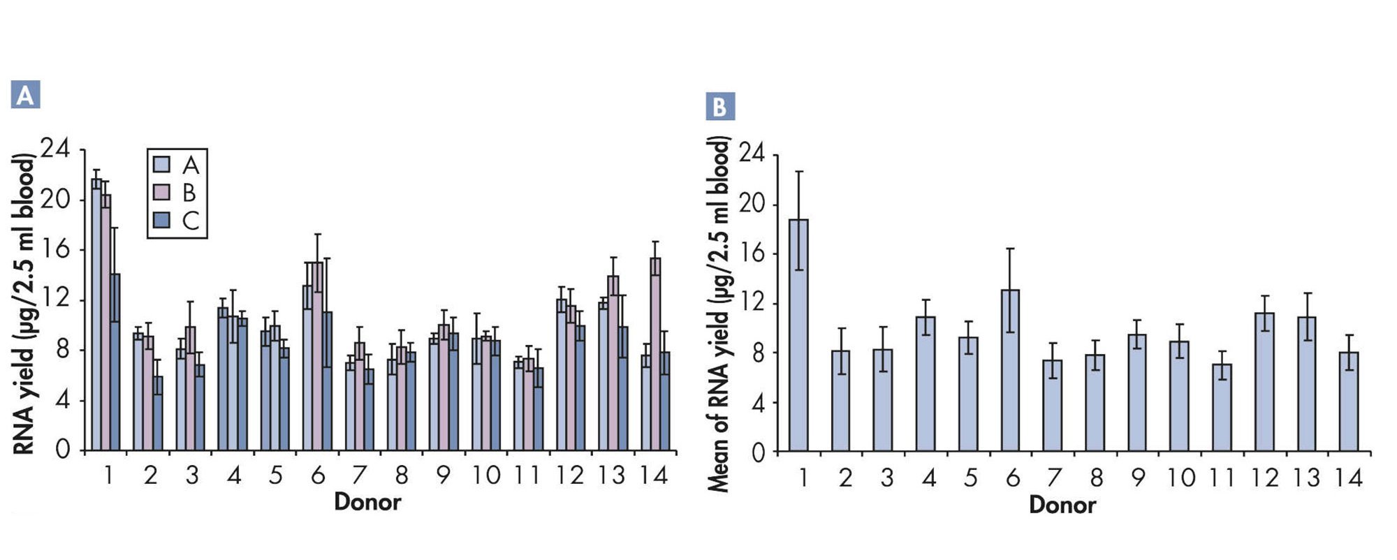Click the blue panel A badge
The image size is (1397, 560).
25,95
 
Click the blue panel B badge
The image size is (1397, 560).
720,107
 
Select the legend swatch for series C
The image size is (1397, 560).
161,220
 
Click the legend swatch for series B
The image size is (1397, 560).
161,192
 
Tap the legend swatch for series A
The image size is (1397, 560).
161,164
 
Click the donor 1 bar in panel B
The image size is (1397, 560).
798,335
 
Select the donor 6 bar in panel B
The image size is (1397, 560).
1010,370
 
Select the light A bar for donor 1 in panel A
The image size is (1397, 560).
96,314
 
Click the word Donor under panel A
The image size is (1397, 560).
367,501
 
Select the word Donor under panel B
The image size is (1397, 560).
1062,505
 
